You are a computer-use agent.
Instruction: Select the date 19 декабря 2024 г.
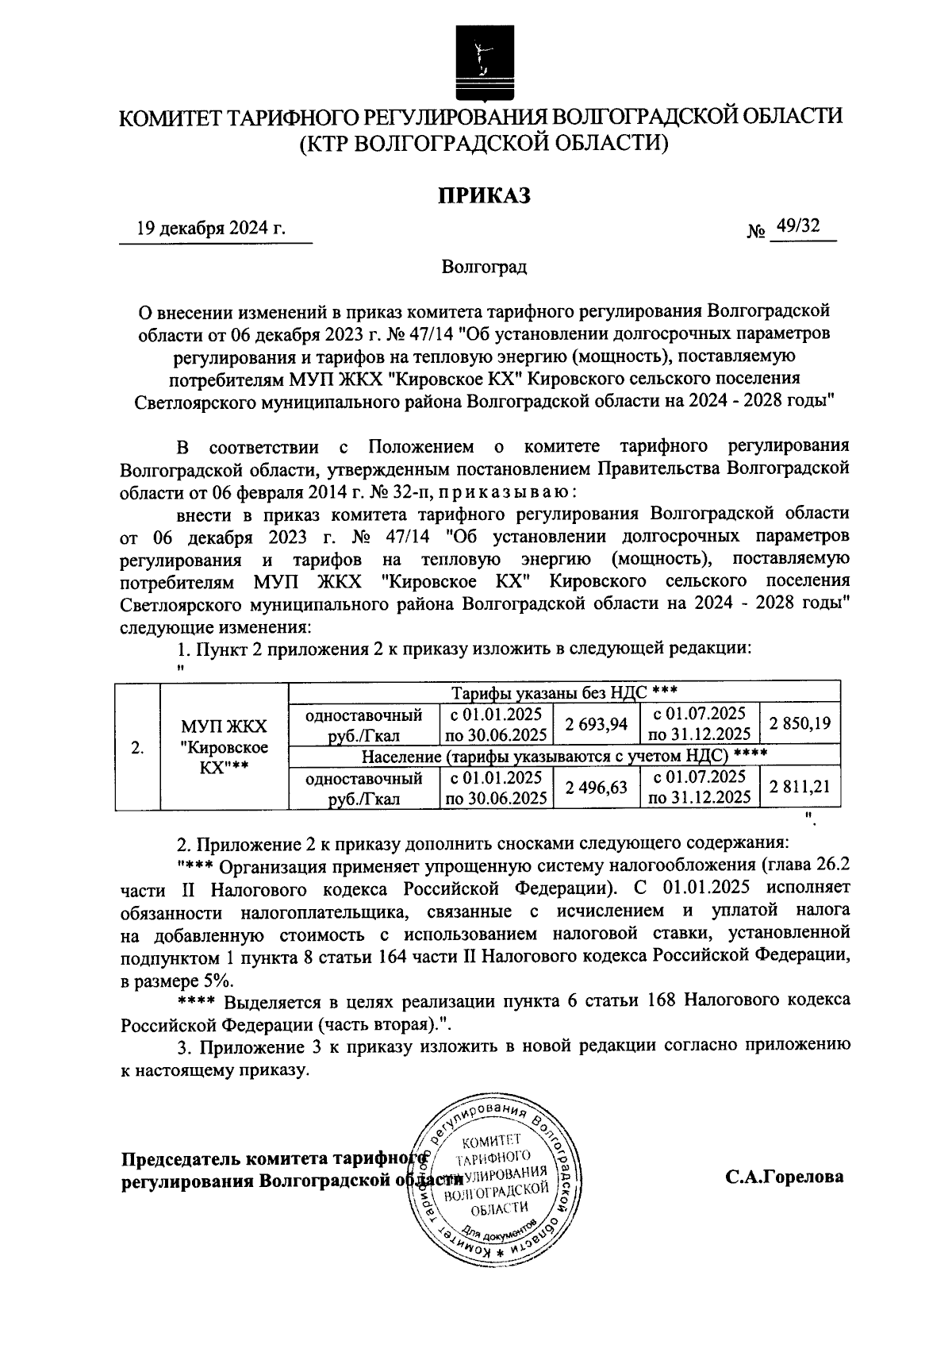pos(211,229)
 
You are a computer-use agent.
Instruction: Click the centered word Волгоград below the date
pos(485,267)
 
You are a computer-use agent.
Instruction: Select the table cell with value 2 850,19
pos(800,723)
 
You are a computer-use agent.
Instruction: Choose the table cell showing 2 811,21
pos(800,787)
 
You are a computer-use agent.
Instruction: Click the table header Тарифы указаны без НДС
pos(563,692)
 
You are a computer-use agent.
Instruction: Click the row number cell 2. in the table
pos(138,748)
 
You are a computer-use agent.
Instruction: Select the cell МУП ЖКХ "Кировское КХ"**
pos(224,747)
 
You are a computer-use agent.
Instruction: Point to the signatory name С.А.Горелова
pos(784,1177)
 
